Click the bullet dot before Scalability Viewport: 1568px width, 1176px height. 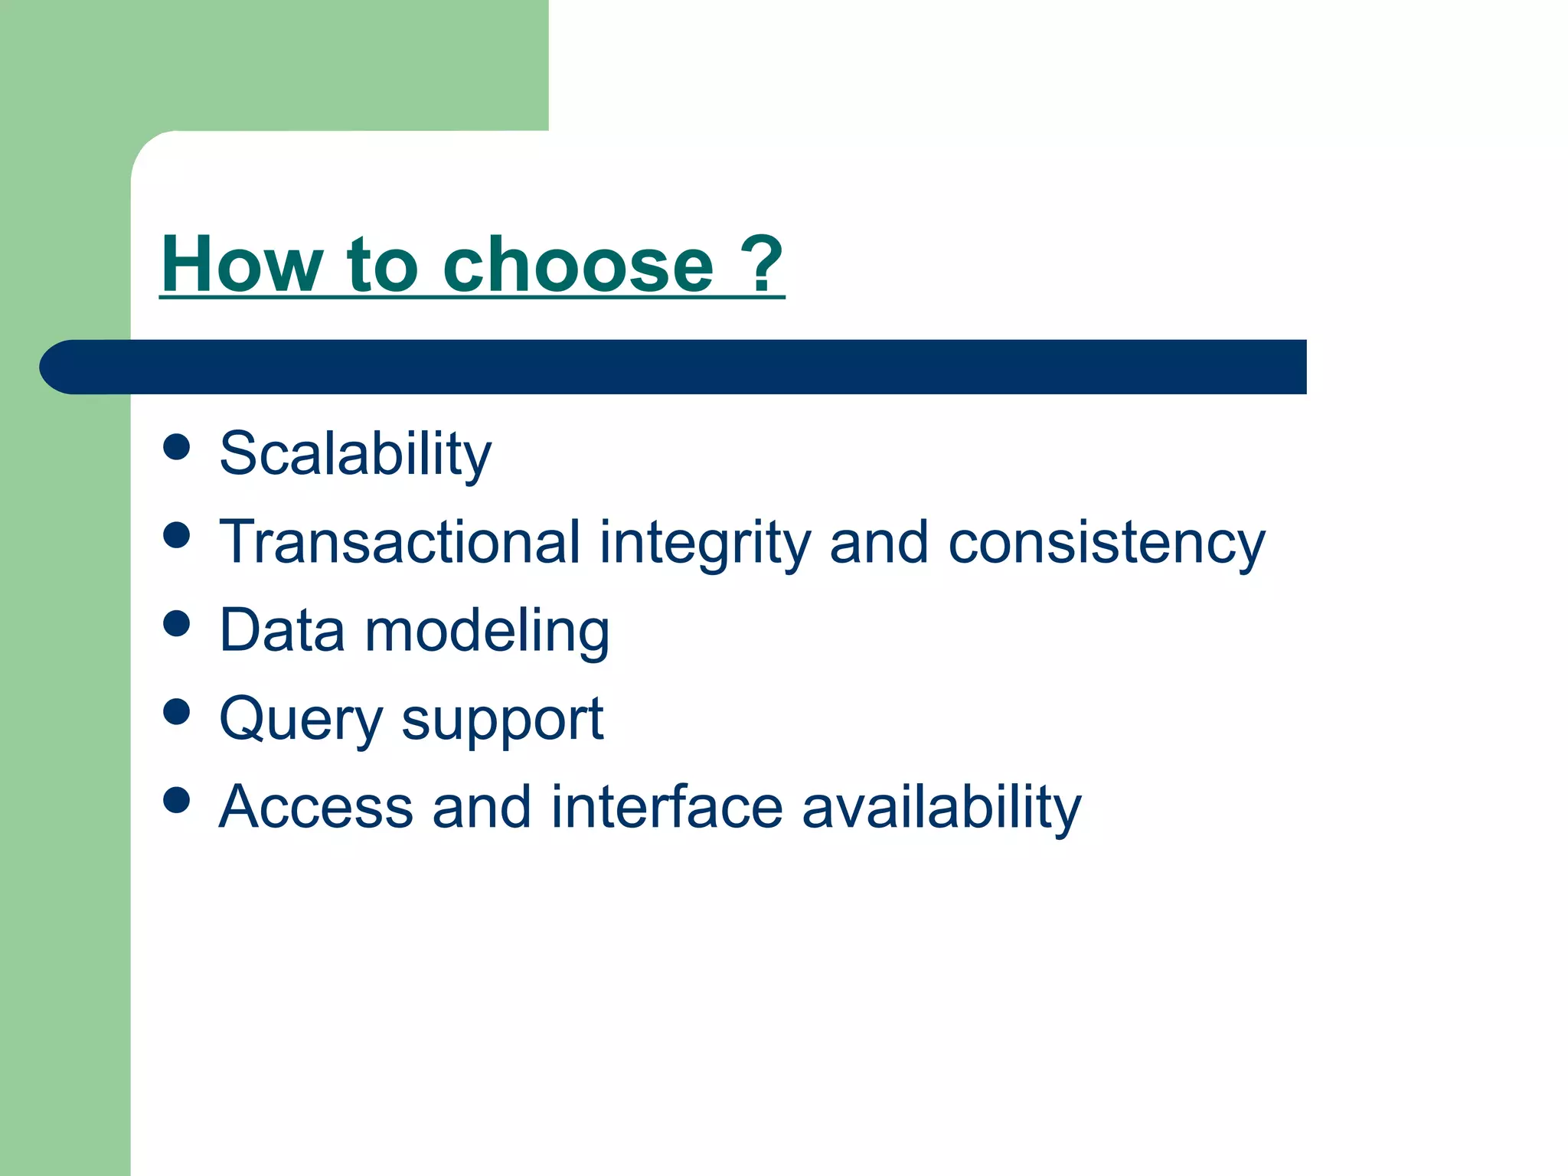coord(177,446)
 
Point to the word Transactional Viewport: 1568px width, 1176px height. coord(400,542)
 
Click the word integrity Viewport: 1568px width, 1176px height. coord(704,544)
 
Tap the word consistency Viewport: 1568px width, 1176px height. coord(1106,544)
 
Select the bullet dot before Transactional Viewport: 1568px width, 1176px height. coord(177,535)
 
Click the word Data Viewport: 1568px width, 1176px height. coord(282,631)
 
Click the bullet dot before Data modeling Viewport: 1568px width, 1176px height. coord(177,623)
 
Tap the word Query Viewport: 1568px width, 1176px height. coord(300,720)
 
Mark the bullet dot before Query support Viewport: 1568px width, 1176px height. coord(177,711)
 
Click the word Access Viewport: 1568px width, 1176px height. coord(315,807)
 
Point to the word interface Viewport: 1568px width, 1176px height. coord(666,807)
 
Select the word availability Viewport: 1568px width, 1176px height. coord(941,808)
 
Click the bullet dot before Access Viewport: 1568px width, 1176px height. coord(177,800)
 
